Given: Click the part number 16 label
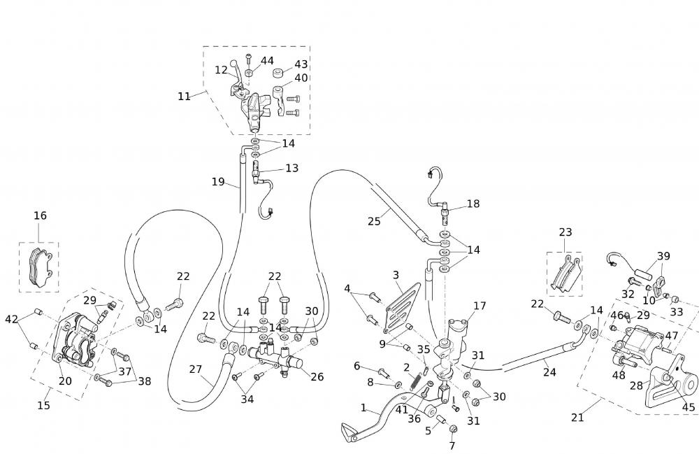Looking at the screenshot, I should pos(40,215).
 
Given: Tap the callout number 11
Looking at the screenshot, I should pos(184,97).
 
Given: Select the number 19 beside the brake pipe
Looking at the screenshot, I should pos(218,182).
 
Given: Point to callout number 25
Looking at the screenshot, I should pos(374,221).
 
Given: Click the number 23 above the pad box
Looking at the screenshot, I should pos(565,232).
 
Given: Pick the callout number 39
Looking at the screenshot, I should pos(663,256).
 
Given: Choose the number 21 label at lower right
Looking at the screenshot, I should pos(577,418).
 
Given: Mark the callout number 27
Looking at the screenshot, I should pos(196,369).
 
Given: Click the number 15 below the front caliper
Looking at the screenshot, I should pos(43,405).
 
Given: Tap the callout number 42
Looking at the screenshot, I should pos(11,319).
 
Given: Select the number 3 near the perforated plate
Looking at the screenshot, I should pos(396,275).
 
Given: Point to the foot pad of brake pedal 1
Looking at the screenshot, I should pos(354,432).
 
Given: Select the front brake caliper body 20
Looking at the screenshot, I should pos(75,339).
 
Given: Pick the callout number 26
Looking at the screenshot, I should pos(317,376).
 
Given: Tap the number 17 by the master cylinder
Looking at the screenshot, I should pos(480,306).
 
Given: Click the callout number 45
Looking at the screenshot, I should pos(689,407).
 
